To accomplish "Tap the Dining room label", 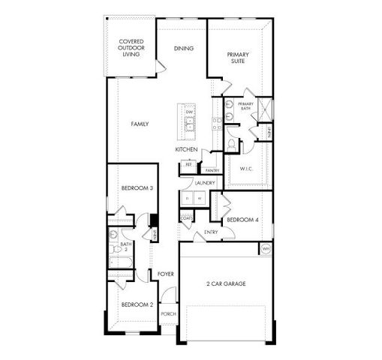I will point(184,48).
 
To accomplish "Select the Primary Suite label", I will point(239,58).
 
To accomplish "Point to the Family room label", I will point(140,124).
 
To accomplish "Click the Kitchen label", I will point(186,149).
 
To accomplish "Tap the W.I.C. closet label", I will point(247,169).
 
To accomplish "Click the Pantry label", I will point(212,170).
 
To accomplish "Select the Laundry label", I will point(204,183).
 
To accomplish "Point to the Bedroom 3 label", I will point(137,188).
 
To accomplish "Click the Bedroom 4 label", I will point(242,220).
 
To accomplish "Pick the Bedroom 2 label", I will point(137,304).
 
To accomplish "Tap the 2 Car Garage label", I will point(226,283).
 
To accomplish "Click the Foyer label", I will point(166,274).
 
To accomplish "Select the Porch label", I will point(168,314).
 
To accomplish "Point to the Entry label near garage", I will point(211,232).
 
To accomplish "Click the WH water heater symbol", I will point(265,248).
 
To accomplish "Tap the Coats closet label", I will point(186,218).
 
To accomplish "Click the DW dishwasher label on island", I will point(190,112).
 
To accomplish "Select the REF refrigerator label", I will point(188,164).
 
